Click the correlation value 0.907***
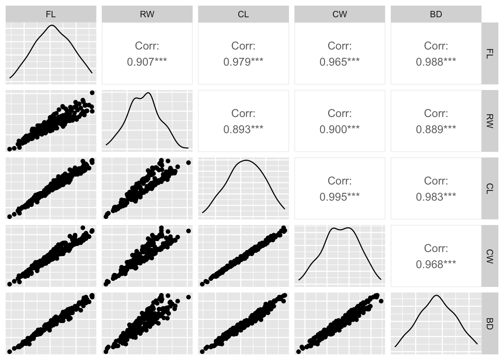[x=147, y=62]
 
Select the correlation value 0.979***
[x=243, y=62]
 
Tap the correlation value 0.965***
[x=339, y=62]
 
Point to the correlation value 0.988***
[x=436, y=62]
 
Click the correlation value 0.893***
[x=243, y=129]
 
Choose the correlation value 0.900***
[x=339, y=129]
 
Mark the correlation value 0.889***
[x=436, y=129]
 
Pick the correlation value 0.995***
[x=339, y=197]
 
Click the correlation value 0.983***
[x=436, y=197]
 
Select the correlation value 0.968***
[x=436, y=264]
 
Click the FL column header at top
[x=51, y=14]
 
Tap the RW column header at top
[x=147, y=14]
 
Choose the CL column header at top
[x=243, y=14]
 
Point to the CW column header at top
[x=339, y=14]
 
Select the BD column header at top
[x=436, y=14]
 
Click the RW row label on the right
[x=489, y=121]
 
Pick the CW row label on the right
[x=489, y=256]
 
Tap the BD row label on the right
[x=489, y=323]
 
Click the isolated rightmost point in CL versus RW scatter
[x=188, y=162]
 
